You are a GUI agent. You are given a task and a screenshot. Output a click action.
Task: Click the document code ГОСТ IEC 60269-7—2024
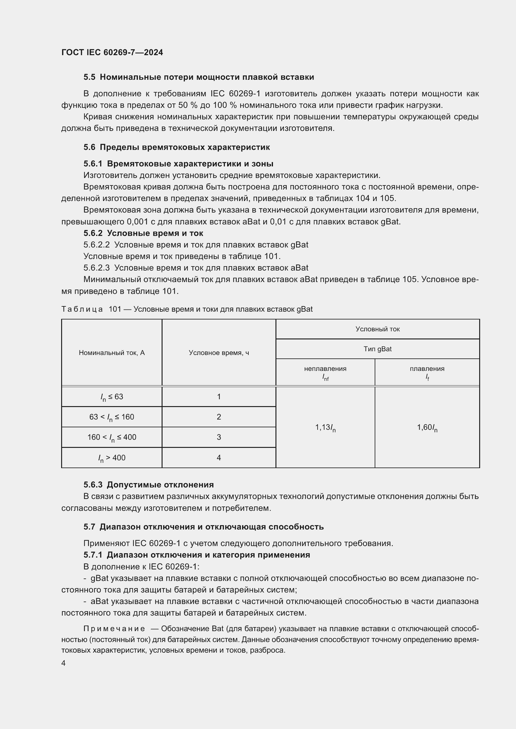[x=112, y=52]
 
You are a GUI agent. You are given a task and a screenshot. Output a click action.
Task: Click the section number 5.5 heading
[x=89, y=77]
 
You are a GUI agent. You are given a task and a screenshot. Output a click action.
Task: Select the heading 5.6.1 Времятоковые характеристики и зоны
[x=178, y=164]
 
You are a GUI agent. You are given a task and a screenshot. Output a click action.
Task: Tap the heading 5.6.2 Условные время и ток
[x=143, y=233]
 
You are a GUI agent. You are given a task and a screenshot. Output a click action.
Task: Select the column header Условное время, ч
[x=219, y=353]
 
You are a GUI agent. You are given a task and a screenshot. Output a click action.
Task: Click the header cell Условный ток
[x=377, y=329]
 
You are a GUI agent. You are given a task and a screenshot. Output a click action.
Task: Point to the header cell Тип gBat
[x=377, y=349]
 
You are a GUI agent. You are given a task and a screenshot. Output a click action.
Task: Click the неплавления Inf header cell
[x=325, y=372]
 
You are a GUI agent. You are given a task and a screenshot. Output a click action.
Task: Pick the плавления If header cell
[x=427, y=372]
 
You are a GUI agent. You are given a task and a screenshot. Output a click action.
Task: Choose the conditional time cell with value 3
[x=219, y=437]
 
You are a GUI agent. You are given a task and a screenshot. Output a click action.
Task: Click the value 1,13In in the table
[x=325, y=428]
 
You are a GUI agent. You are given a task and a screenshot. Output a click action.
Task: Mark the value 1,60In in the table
[x=427, y=428]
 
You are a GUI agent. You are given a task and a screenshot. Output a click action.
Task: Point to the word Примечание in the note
[x=114, y=629]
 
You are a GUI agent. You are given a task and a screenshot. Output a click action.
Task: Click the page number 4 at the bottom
[x=63, y=663]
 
